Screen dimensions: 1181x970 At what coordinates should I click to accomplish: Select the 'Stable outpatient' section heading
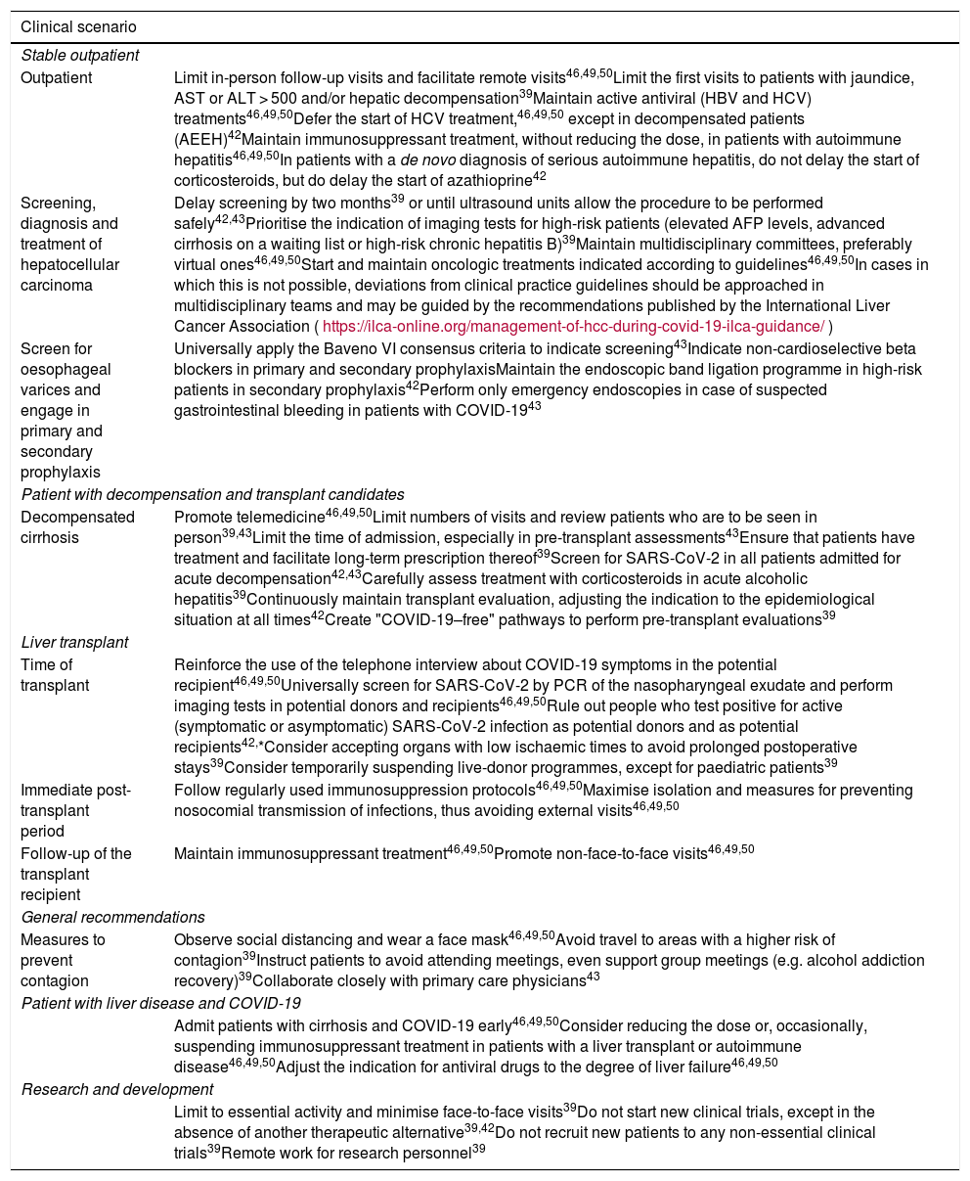tap(80, 55)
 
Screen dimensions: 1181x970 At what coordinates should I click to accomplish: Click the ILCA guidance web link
tap(573, 325)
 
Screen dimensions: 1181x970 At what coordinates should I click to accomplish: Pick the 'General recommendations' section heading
tap(112, 917)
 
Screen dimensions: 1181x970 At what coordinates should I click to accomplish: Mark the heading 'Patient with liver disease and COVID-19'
tap(160, 1003)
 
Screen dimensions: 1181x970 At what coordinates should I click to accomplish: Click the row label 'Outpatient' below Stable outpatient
tap(57, 76)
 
